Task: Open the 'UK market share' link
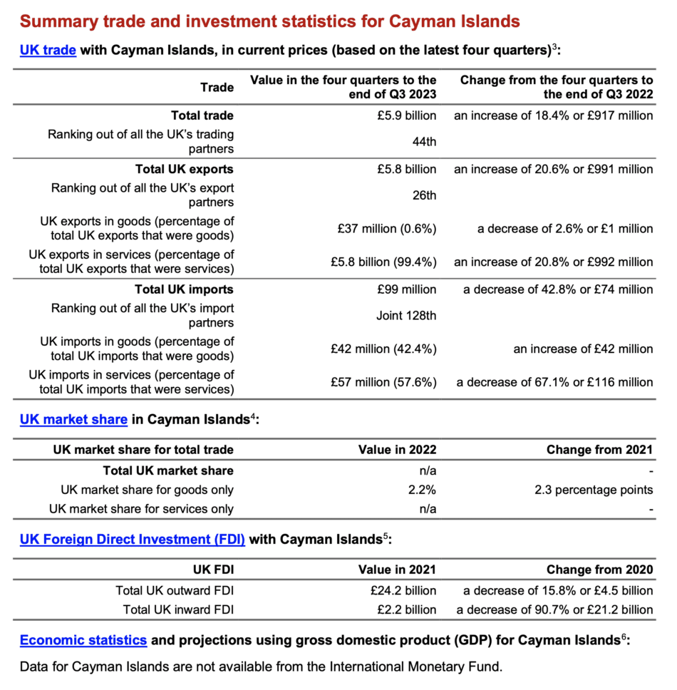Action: tap(73, 420)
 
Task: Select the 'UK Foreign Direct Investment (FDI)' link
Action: tap(133, 540)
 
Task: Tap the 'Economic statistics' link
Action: tap(83, 640)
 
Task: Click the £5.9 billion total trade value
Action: tap(407, 115)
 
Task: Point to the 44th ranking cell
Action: tap(424, 142)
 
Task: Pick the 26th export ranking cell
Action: tap(424, 195)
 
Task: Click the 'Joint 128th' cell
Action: tap(406, 315)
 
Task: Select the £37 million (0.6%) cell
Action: tap(387, 229)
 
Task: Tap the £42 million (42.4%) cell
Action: tap(383, 349)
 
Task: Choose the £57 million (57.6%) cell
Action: tap(383, 382)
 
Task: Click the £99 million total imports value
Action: tap(408, 289)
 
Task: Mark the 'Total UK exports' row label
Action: tap(185, 170)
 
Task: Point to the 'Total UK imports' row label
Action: tap(185, 289)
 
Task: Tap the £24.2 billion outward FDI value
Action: tap(403, 590)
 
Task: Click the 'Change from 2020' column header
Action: tap(599, 570)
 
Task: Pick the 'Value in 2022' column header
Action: tap(398, 450)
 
